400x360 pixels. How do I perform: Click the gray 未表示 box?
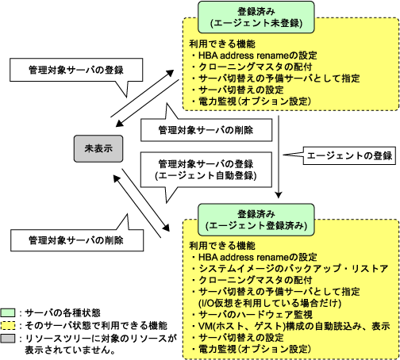coord(98,148)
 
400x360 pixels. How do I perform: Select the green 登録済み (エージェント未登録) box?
coord(256,17)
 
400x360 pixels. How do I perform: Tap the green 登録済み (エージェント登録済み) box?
coord(256,220)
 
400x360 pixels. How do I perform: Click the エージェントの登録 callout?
coord(349,155)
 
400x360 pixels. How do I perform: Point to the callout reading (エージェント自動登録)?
coord(206,170)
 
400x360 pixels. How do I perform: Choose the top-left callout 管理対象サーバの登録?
coord(76,70)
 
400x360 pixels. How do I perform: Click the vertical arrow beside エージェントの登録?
coord(279,157)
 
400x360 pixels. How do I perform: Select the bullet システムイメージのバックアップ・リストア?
coord(290,269)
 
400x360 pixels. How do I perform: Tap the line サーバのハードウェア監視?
coord(252,315)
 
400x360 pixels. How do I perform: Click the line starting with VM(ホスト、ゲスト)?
coord(291,326)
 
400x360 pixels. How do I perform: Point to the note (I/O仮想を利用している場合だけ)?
coord(270,303)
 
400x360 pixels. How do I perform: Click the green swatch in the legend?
coord(8,312)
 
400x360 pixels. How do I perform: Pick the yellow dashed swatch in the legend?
coord(8,325)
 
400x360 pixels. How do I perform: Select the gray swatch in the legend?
coord(8,339)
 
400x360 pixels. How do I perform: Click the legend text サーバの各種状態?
coord(63,313)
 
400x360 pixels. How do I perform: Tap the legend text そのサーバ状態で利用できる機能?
coord(96,326)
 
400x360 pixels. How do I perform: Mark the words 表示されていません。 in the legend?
coord(70,350)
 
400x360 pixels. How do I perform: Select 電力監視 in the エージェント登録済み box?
coord(217,349)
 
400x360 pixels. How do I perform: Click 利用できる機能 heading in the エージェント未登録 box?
coord(222,44)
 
